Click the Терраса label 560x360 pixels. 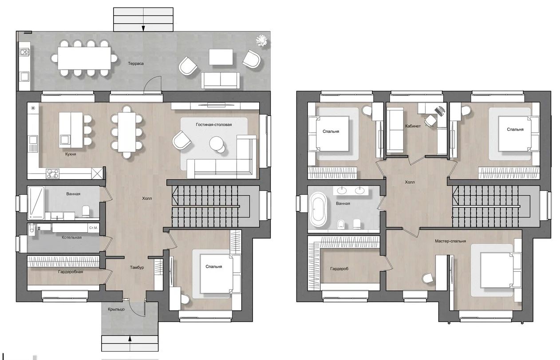pos(136,63)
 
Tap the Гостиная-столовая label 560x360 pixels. pos(214,124)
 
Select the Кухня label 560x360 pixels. pos(71,154)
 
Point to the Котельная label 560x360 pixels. pos(71,237)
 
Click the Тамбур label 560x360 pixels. pos(137,267)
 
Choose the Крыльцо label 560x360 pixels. pos(116,309)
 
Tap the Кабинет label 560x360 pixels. pos(413,126)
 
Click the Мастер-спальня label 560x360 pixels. pos(450,241)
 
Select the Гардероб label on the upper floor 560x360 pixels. pos(339,269)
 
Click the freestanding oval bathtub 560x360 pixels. pos(319,209)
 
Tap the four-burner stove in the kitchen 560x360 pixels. pos(53,174)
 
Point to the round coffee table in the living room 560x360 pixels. pos(217,143)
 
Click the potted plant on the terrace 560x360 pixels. pos(262,40)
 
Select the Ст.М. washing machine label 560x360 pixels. pos(93,228)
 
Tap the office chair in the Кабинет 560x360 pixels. pos(430,121)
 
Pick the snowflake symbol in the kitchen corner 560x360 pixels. pos(33,108)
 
